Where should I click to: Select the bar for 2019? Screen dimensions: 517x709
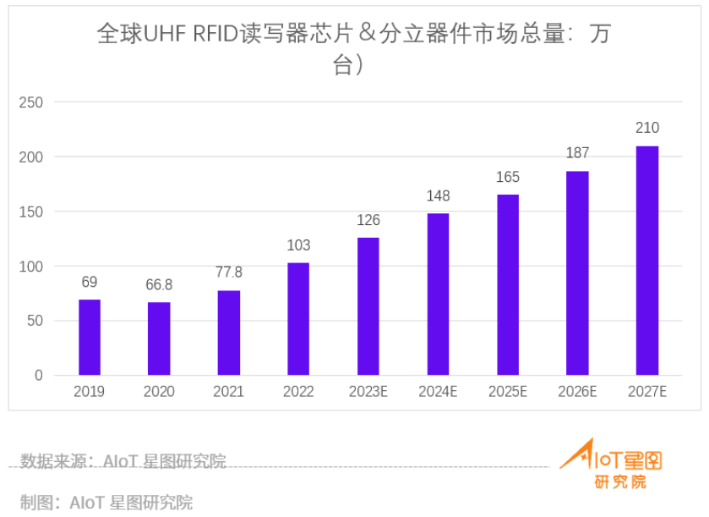click(90, 337)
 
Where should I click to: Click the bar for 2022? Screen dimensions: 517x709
click(298, 318)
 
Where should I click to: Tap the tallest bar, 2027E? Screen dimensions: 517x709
click(647, 261)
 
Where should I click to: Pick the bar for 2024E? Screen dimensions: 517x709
click(438, 294)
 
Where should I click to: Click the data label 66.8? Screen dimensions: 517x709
click(159, 284)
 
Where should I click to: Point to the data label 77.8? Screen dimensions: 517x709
click(228, 272)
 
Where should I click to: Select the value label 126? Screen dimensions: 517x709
click(368, 221)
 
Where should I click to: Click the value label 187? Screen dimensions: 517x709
click(577, 153)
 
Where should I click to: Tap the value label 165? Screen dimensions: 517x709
click(508, 178)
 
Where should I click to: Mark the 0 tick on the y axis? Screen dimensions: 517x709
click(38, 376)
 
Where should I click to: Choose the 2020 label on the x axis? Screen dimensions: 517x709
click(159, 392)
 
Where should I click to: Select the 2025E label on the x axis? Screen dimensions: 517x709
click(508, 392)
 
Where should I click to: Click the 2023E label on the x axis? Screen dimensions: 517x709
click(368, 392)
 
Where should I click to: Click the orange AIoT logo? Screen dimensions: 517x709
click(611, 463)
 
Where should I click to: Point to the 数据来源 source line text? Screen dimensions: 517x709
click(123, 462)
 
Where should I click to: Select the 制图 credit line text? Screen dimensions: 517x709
click(106, 502)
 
